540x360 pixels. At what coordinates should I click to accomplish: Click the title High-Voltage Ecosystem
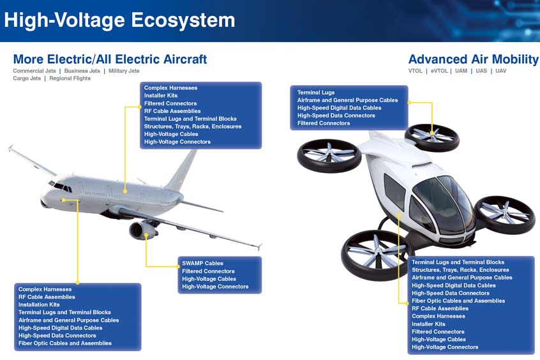click(x=119, y=20)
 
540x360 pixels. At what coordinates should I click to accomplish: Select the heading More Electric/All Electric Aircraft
click(x=110, y=59)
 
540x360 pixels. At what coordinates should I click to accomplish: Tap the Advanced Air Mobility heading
click(x=473, y=59)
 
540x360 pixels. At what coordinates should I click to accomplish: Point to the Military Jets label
click(x=124, y=71)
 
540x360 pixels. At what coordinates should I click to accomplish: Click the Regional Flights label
click(x=70, y=79)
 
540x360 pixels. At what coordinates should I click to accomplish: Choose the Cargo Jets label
click(x=27, y=79)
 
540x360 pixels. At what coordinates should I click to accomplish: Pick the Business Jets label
click(x=82, y=71)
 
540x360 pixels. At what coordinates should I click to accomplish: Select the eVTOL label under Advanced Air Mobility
click(x=439, y=71)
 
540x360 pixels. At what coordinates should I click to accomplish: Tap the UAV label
click(x=500, y=71)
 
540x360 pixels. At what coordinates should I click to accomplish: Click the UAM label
click(x=461, y=71)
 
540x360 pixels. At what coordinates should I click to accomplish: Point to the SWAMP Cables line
click(x=202, y=263)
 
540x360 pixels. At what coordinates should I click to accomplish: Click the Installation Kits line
click(x=39, y=304)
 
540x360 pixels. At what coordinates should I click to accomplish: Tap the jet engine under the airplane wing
click(x=142, y=230)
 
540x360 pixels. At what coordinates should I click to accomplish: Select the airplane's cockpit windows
click(x=61, y=186)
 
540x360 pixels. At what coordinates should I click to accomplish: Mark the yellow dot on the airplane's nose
click(x=63, y=200)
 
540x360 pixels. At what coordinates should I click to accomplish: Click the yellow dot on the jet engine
click(x=146, y=236)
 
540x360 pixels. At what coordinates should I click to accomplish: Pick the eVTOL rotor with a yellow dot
click(x=432, y=137)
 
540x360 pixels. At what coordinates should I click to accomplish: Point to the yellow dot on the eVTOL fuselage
click(x=399, y=215)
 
